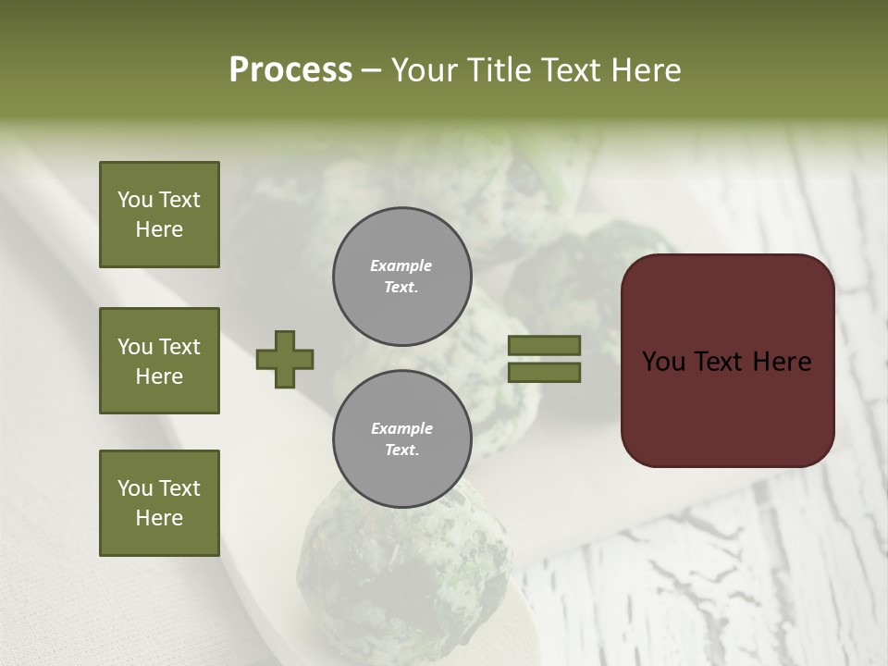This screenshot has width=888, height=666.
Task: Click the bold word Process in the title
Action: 290,69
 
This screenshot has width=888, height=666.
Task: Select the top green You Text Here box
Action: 159,215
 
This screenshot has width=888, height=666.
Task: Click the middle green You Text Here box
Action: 159,361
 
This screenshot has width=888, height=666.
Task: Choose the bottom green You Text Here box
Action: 159,502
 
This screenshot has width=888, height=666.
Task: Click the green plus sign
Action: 285,359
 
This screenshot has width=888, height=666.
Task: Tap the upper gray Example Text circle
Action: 401,276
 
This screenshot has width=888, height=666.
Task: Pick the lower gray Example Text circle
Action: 401,438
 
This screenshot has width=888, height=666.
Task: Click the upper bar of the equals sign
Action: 544,345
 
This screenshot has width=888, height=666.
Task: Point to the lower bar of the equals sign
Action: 544,372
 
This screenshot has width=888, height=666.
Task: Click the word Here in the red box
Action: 782,361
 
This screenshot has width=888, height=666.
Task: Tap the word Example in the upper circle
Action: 401,265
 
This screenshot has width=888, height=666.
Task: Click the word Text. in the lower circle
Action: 401,450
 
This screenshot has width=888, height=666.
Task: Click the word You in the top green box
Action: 135,200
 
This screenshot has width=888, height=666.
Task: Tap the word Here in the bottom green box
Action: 159,518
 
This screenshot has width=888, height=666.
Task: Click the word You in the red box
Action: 663,361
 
